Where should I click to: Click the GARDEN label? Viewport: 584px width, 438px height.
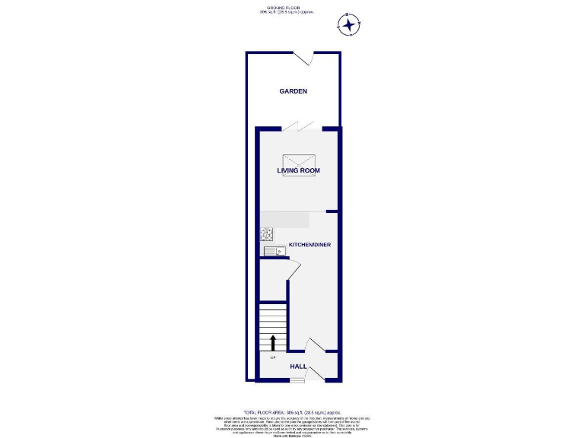293,91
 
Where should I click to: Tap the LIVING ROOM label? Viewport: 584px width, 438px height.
298,170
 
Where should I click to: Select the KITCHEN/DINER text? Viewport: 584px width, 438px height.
309,245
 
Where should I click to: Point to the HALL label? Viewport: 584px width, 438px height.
298,366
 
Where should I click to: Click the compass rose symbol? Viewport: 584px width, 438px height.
348,25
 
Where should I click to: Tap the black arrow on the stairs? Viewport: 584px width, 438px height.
273,342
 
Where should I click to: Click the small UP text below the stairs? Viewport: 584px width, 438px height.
273,357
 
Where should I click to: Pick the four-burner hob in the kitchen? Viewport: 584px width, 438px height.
267,235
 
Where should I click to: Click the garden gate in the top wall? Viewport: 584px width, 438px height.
306,59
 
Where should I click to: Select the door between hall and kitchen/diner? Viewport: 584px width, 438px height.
313,347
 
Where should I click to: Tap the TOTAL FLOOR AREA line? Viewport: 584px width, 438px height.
292,411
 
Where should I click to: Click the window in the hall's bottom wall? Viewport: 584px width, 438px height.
297,381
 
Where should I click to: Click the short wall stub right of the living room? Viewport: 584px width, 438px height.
332,211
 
